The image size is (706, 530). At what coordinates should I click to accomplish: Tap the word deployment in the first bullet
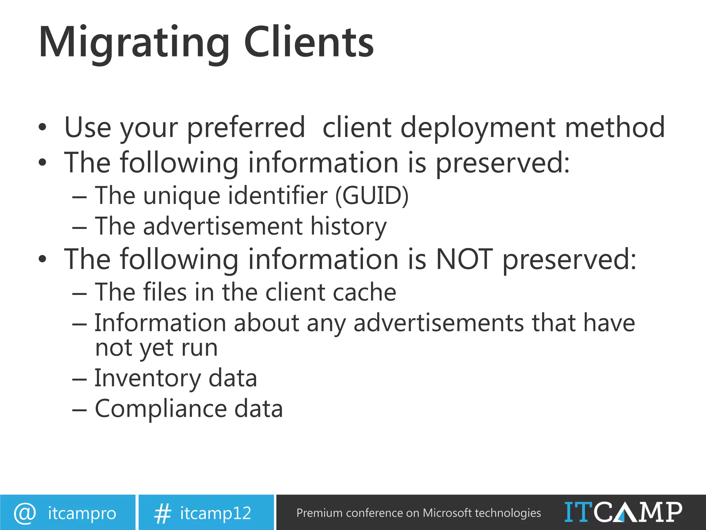[478, 128]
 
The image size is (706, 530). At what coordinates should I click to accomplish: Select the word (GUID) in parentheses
[372, 196]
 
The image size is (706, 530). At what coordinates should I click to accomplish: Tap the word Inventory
[147, 379]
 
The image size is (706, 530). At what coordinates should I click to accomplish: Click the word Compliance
[161, 409]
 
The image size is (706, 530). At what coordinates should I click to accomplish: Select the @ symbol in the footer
[25, 513]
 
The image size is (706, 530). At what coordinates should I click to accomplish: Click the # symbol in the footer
[162, 513]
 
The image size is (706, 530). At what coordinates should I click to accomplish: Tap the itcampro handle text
[82, 513]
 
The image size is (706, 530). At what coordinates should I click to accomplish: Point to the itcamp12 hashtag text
[215, 513]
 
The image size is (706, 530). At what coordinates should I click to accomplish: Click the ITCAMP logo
[623, 512]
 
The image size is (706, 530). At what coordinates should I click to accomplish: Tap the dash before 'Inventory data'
[79, 379]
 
